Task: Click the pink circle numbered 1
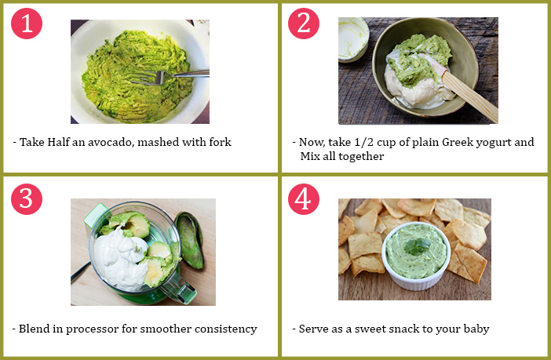[x=27, y=24]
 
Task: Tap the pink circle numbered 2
[x=304, y=24]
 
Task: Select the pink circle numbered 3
[x=27, y=198]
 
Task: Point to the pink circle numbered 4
[x=304, y=198]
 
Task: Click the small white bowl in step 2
[x=352, y=39]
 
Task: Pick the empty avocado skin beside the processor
[x=190, y=240]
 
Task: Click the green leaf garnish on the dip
[x=417, y=246]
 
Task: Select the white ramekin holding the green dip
[x=417, y=256]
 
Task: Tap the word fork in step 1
[x=221, y=142]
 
